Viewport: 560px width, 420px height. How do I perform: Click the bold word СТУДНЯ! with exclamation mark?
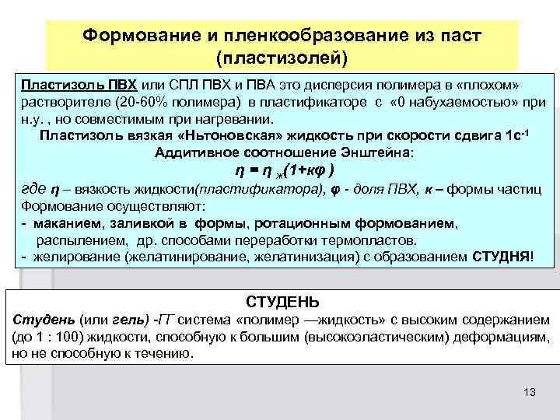click(x=502, y=257)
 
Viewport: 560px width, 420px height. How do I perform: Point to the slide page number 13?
click(x=530, y=391)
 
